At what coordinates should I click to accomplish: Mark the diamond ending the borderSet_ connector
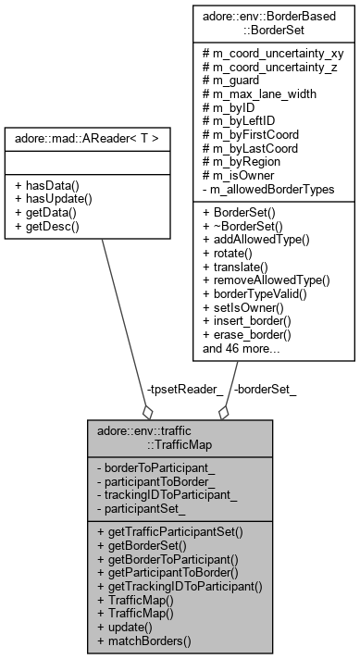[223, 411]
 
